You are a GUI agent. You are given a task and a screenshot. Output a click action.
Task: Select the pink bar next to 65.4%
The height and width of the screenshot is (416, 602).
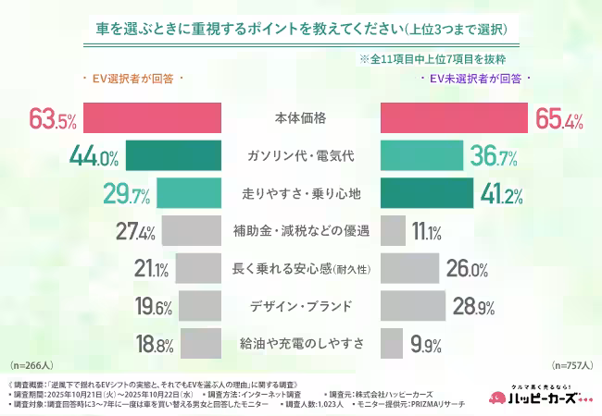(455, 119)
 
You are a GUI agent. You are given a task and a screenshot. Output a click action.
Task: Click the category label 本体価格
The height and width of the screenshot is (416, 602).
(300, 119)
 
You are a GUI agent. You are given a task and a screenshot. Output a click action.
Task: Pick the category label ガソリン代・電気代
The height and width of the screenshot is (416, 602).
(300, 156)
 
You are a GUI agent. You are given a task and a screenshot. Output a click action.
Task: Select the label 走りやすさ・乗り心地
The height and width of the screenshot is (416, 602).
(300, 194)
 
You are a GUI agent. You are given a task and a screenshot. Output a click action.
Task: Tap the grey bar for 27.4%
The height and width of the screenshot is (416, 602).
(193, 231)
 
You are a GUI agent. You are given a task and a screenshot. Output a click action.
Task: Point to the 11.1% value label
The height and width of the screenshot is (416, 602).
(427, 232)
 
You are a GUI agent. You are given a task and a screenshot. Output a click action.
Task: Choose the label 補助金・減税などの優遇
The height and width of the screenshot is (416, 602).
(300, 231)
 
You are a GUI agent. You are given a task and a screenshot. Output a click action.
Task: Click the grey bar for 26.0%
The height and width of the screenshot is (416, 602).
(408, 269)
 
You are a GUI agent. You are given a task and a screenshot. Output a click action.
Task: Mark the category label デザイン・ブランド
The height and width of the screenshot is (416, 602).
(300, 306)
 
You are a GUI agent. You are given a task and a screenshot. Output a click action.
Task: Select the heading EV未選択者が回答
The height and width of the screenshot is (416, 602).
(473, 79)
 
